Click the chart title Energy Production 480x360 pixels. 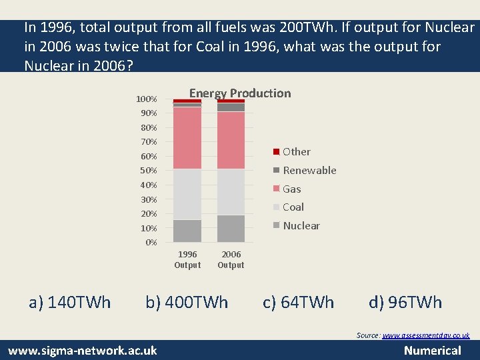[x=240, y=93]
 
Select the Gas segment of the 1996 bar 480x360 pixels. [x=187, y=138]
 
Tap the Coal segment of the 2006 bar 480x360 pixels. [x=231, y=192]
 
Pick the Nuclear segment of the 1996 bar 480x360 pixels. [x=187, y=231]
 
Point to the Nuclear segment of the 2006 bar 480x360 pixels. [x=231, y=228]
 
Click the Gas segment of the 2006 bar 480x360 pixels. [x=231, y=140]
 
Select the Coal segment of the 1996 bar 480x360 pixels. [x=187, y=194]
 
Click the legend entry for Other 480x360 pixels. [x=296, y=152]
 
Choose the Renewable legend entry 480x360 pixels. [x=309, y=171]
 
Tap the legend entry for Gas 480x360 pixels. [x=291, y=189]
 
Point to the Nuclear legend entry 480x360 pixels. [x=301, y=226]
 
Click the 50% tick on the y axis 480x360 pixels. [x=149, y=171]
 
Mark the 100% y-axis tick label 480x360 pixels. [x=147, y=99]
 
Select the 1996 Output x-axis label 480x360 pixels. [x=187, y=259]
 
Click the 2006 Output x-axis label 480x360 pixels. [x=231, y=259]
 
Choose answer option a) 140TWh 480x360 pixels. [x=70, y=303]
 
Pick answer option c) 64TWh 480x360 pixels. [x=298, y=303]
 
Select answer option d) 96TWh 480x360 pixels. [x=405, y=303]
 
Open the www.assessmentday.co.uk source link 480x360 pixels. [x=426, y=335]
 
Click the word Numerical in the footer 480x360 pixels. [x=433, y=351]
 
